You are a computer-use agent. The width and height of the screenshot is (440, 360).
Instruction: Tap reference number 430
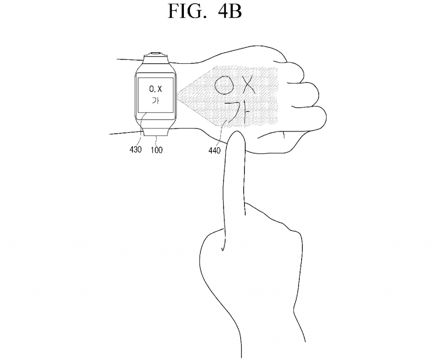point(135,150)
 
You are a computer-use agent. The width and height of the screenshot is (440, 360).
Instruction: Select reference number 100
point(156,150)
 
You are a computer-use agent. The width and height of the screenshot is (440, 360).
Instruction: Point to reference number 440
point(214,151)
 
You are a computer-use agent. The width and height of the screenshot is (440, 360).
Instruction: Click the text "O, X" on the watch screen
point(156,89)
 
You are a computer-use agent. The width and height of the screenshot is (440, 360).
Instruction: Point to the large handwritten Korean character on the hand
point(238,112)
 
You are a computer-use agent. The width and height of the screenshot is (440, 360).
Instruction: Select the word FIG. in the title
point(186,11)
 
